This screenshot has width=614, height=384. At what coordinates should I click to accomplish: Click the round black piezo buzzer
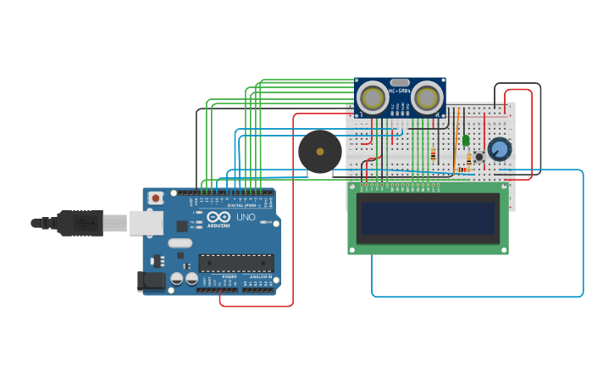(320, 152)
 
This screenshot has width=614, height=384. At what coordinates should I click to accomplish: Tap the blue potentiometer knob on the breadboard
(500, 149)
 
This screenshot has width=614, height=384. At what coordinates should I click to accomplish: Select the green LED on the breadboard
(466, 140)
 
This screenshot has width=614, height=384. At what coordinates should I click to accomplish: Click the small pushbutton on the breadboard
(479, 157)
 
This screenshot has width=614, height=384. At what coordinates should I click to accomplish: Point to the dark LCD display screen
(428, 218)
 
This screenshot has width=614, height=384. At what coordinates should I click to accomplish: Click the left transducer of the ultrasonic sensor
(373, 98)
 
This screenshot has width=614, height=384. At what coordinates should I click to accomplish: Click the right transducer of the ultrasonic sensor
(427, 98)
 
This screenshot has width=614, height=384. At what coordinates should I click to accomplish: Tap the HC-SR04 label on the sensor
(400, 91)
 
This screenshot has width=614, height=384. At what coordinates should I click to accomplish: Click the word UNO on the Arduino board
(246, 217)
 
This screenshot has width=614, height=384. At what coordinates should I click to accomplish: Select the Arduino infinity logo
(218, 216)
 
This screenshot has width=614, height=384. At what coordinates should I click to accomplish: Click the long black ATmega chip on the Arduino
(236, 263)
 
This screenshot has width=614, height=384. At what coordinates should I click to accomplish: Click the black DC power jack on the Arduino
(152, 280)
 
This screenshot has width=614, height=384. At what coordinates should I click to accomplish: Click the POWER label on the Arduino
(230, 277)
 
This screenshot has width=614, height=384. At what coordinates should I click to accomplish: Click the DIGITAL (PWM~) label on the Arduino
(241, 205)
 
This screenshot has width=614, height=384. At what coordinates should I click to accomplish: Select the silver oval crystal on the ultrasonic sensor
(400, 82)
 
